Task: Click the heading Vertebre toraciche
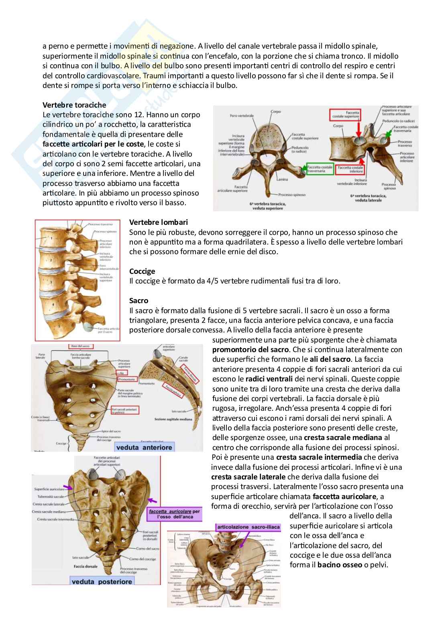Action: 74,105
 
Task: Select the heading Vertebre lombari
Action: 158,222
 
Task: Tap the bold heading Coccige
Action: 142,271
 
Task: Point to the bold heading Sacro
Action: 138,300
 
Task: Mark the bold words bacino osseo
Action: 339,565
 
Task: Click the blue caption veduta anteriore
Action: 144,447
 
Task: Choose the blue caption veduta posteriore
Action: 102,581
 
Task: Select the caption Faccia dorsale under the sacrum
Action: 84,567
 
